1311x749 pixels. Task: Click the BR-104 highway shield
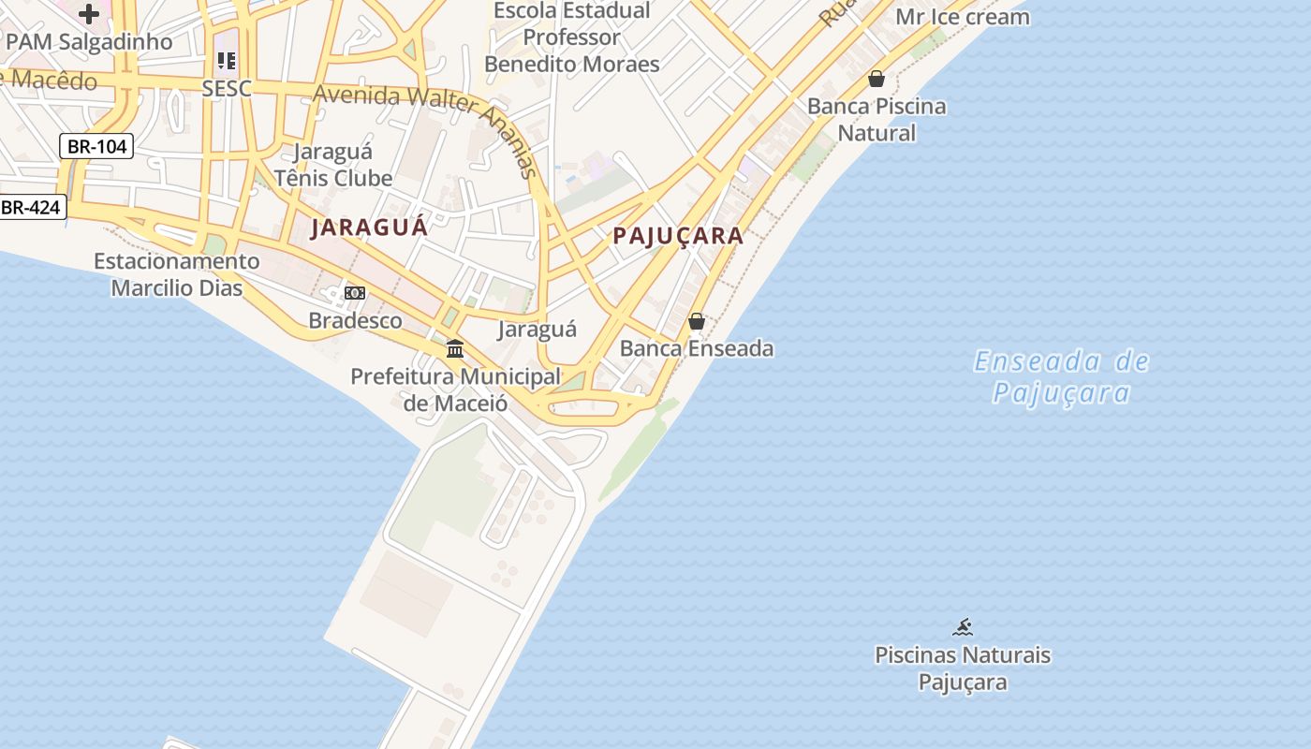[x=96, y=146]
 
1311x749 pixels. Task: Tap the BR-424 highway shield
[x=31, y=207]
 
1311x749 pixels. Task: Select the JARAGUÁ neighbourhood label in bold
[x=369, y=227]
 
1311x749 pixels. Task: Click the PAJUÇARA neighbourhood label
[x=678, y=236]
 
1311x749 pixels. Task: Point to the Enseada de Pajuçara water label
[x=1061, y=376]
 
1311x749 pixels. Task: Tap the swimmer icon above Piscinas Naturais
[x=963, y=627]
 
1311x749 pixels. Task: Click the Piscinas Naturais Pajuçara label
[x=963, y=668]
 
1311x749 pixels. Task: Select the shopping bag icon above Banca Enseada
[x=696, y=321]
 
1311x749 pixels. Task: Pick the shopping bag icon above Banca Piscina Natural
[x=876, y=79]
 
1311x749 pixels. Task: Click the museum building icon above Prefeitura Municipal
[x=455, y=349]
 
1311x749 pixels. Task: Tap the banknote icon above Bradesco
[x=355, y=293]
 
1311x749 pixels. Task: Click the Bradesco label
[x=355, y=320]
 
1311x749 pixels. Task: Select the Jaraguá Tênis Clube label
[x=333, y=164]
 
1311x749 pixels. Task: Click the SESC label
[x=227, y=88]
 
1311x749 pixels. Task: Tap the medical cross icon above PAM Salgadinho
[x=89, y=14]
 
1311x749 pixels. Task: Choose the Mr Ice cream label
[x=962, y=17]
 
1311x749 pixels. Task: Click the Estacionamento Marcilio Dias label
[x=176, y=274]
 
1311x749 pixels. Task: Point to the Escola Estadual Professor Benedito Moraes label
[x=571, y=37]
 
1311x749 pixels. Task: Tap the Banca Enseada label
[x=697, y=348]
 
